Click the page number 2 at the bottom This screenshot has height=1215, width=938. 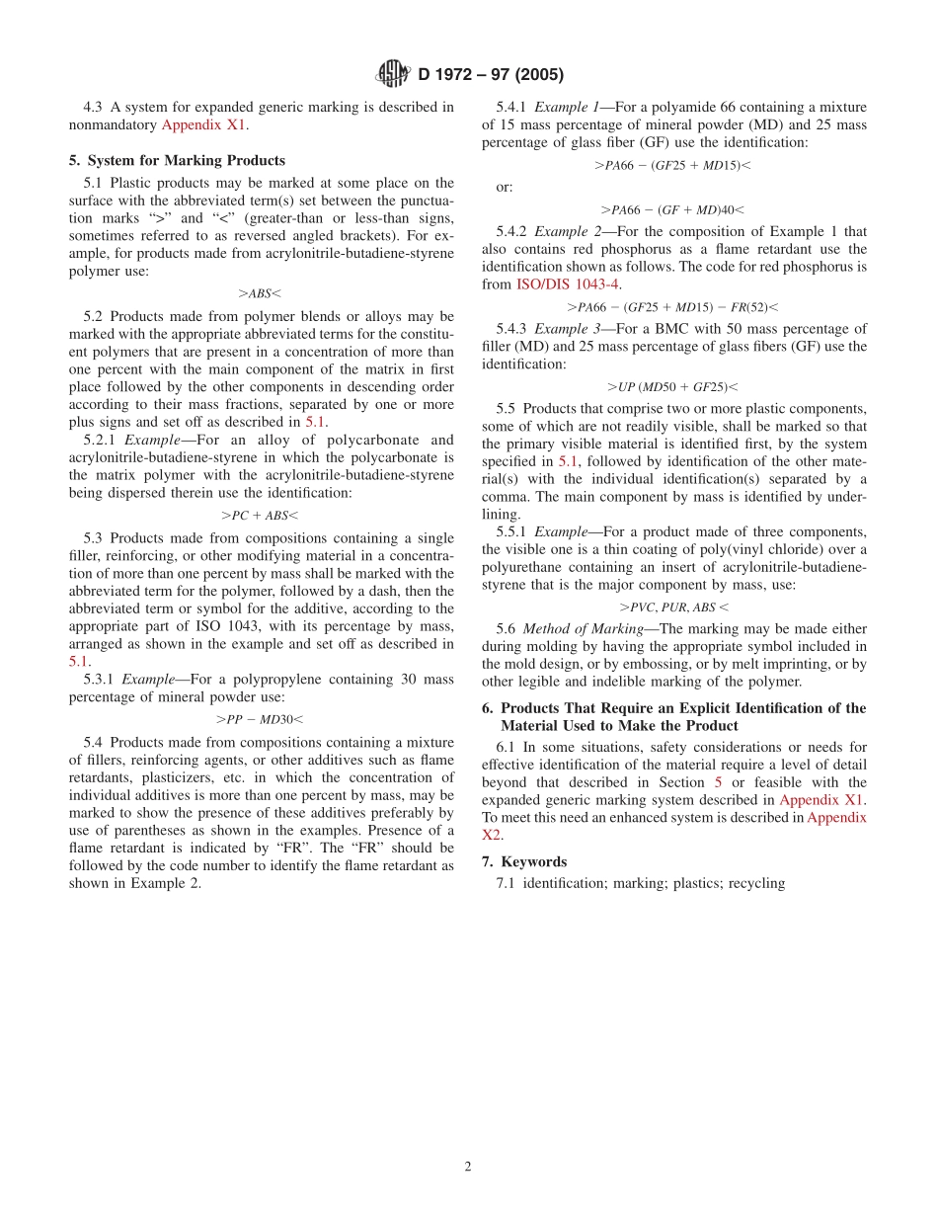(x=468, y=1166)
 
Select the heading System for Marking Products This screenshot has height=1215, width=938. (x=186, y=160)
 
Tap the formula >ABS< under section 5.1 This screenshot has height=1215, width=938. (x=260, y=293)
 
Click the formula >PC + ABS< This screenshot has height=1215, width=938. (x=260, y=515)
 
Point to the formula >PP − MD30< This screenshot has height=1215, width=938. (x=260, y=719)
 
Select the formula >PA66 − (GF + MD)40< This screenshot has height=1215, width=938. (x=672, y=209)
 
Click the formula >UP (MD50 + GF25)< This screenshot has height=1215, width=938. (x=672, y=387)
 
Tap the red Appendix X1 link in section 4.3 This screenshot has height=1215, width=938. (x=204, y=125)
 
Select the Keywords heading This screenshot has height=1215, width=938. (x=532, y=861)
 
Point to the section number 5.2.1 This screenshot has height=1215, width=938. (x=101, y=440)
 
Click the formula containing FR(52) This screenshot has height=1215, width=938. (x=672, y=307)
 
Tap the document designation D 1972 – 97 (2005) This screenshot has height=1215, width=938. (x=491, y=75)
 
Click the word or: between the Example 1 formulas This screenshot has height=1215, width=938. (x=505, y=187)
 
